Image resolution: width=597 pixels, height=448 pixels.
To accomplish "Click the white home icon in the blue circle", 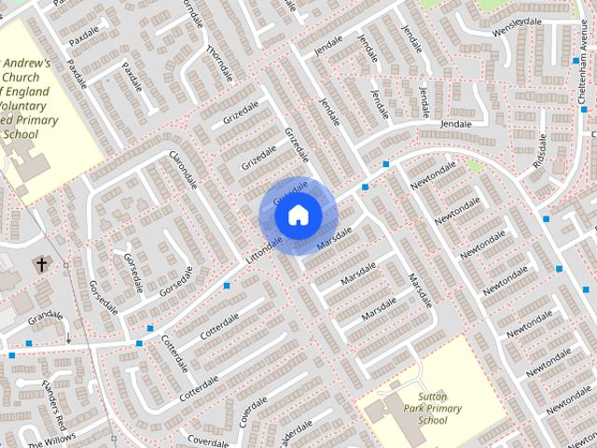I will [x=298, y=216].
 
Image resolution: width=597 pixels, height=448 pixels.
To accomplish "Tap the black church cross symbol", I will [x=41, y=265].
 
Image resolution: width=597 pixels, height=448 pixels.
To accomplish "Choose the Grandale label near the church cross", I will [x=45, y=318].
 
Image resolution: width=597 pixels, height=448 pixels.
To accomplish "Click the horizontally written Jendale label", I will [x=456, y=124].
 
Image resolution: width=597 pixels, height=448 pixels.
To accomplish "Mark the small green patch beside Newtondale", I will [x=476, y=167].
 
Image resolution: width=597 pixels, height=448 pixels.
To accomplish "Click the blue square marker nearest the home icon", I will [x=366, y=188].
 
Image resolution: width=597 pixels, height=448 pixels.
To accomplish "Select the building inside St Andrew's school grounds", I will [x=28, y=168].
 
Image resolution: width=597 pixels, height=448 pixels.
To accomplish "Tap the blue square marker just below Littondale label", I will [x=227, y=285].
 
